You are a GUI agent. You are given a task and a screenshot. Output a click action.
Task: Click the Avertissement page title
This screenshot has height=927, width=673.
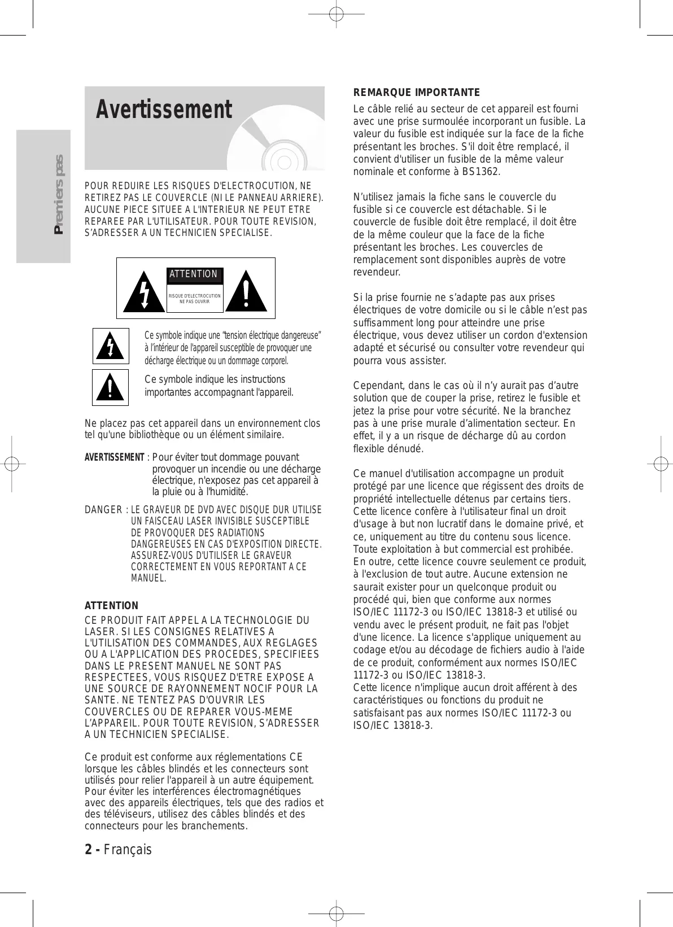164,110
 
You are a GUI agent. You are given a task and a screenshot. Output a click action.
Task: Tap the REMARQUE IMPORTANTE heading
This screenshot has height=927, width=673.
416,92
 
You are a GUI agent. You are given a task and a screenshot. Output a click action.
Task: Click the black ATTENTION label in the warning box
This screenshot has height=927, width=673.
194,274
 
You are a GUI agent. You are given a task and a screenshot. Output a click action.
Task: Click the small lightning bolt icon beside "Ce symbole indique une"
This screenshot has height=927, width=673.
111,346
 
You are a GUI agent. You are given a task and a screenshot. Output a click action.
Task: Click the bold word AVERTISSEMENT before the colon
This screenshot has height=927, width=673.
114,457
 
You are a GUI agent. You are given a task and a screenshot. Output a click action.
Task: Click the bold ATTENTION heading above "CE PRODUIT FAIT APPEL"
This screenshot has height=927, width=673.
111,606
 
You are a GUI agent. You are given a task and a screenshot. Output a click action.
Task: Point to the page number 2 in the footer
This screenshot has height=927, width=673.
88,849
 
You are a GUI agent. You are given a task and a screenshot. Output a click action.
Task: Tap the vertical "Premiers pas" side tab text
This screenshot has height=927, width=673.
58,195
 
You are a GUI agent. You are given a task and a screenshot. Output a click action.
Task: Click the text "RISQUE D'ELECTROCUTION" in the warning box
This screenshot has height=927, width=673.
195,296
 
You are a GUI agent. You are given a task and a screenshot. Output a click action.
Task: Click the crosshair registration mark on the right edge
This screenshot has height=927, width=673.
658,464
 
